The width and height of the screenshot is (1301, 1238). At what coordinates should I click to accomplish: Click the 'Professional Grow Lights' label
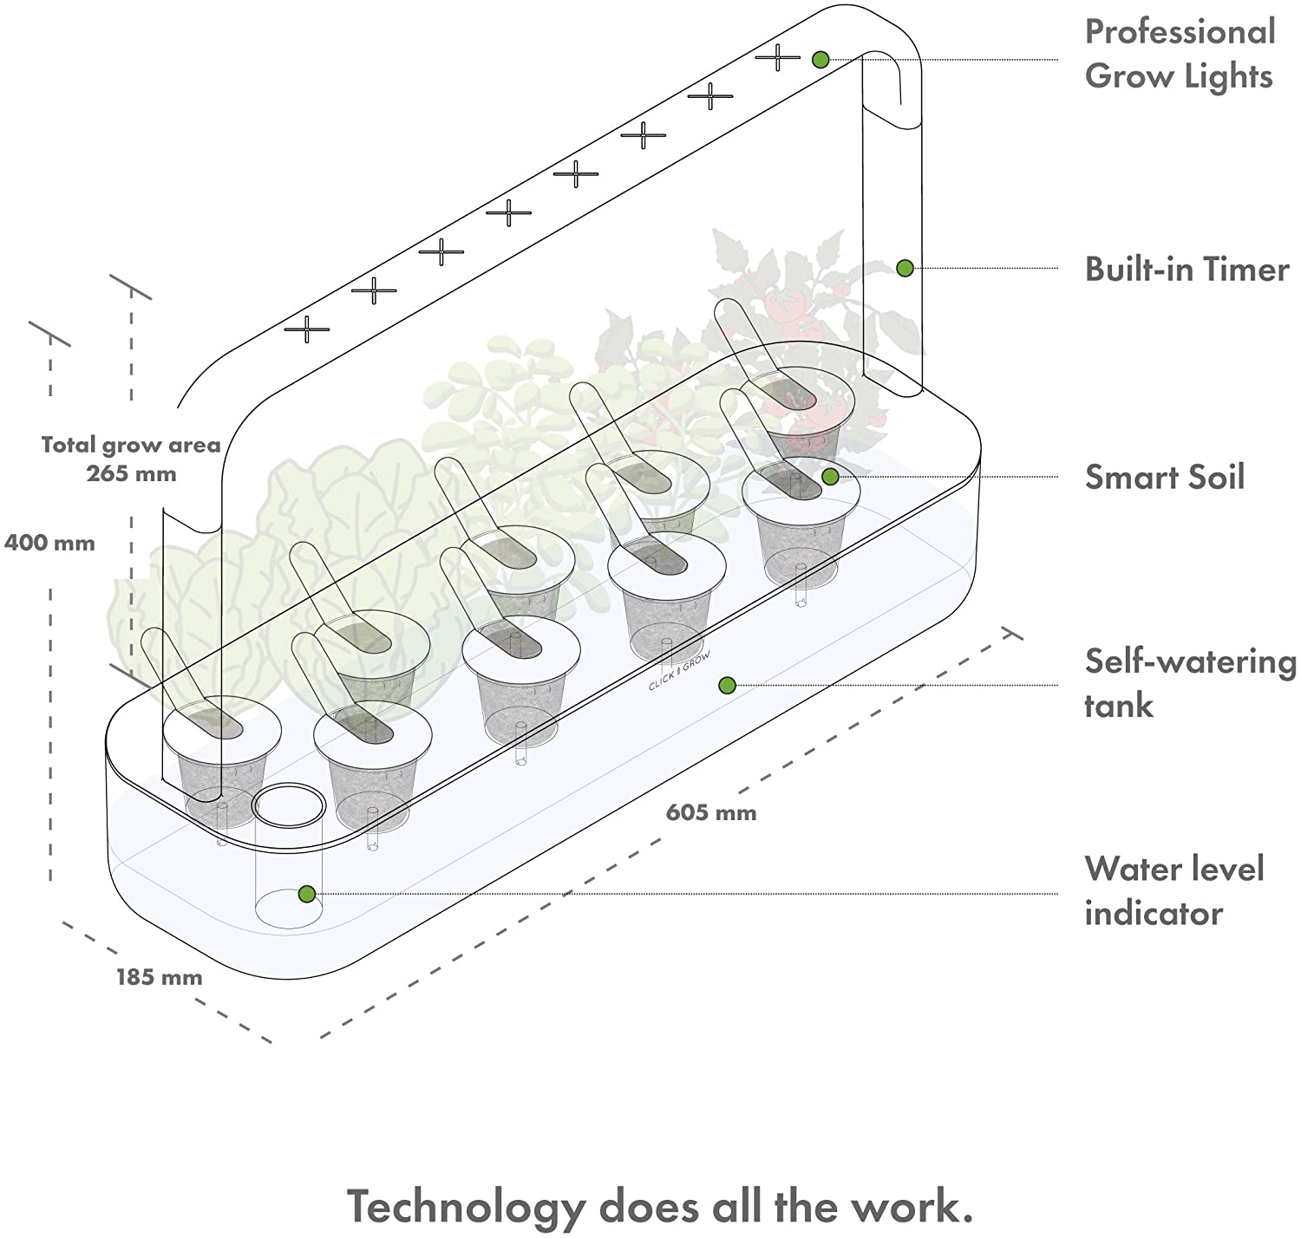(1180, 54)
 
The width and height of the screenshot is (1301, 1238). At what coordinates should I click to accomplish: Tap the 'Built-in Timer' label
(1187, 270)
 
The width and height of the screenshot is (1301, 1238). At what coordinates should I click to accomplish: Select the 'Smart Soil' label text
(1165, 478)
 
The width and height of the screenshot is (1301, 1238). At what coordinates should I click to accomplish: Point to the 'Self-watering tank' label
(1189, 683)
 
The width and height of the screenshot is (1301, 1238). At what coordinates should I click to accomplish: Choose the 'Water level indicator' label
(1174, 890)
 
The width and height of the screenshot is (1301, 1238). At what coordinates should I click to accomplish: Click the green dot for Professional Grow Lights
(820, 60)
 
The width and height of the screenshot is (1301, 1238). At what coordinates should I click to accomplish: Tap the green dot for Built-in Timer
(905, 268)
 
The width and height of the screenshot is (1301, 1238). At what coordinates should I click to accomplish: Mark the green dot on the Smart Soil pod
(830, 476)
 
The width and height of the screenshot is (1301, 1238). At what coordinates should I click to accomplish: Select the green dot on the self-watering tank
(727, 686)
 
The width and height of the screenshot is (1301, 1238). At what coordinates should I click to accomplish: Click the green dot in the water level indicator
(305, 894)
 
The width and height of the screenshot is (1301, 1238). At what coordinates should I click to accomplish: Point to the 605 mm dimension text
(711, 813)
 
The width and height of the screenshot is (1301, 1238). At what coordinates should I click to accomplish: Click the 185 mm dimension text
(160, 978)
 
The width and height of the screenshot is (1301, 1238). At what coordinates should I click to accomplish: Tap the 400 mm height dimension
(49, 544)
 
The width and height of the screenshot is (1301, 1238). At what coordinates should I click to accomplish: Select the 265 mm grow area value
(131, 474)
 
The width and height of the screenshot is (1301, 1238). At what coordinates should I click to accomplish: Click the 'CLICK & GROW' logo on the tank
(679, 672)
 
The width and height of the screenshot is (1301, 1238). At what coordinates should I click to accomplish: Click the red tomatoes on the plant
(789, 312)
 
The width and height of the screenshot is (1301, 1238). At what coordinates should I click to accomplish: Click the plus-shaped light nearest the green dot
(777, 57)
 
